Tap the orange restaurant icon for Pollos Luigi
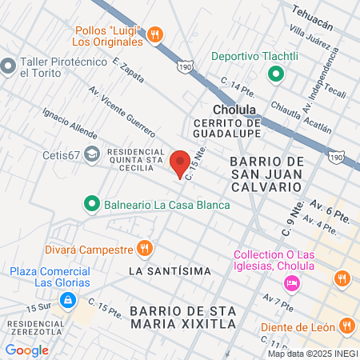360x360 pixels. click(155, 34)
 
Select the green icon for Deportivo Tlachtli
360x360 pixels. click(276, 75)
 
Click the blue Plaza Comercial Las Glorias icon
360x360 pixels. click(69, 299)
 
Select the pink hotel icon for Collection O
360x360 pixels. click(292, 282)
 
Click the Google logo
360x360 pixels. click(27, 350)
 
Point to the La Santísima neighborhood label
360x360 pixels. click(167, 271)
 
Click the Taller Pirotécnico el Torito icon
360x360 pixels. click(10, 65)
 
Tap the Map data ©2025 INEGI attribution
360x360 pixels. click(312, 354)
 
